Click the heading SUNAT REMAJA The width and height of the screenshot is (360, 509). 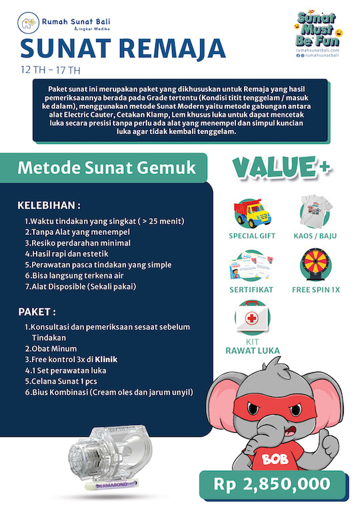click(x=122, y=48)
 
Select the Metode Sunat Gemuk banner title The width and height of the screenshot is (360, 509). click(x=107, y=167)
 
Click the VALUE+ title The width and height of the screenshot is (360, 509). click(x=281, y=167)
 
